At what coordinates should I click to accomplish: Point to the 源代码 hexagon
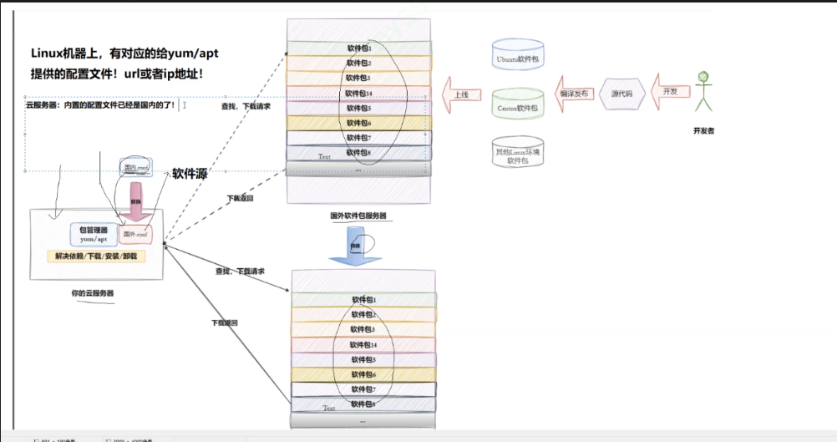[622, 94]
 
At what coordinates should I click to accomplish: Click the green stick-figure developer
[704, 92]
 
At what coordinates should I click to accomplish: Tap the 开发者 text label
[703, 131]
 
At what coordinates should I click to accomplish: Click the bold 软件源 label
[190, 175]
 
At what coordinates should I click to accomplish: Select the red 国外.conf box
[135, 233]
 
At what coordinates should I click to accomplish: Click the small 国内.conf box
[135, 168]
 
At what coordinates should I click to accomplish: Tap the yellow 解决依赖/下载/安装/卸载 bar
[96, 256]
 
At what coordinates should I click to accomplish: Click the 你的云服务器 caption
[92, 293]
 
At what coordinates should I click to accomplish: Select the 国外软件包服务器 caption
[358, 215]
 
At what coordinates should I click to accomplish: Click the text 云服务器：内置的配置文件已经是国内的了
[101, 105]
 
